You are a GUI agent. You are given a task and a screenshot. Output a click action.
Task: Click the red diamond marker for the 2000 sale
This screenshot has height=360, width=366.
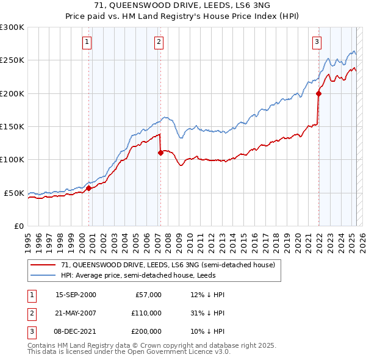tap(88, 188)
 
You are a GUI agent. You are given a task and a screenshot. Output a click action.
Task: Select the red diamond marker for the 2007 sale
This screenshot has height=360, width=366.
tap(160, 153)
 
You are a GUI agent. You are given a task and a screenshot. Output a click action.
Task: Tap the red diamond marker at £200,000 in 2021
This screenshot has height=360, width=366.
tap(318, 93)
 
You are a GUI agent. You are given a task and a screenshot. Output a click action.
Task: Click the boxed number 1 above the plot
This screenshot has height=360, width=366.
tap(87, 42)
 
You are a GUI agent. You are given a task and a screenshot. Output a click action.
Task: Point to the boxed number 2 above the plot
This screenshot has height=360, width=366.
tap(158, 42)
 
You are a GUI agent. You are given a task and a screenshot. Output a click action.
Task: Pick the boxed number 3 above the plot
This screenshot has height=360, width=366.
tap(317, 42)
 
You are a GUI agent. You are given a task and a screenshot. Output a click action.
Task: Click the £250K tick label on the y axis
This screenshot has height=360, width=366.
tap(12, 60)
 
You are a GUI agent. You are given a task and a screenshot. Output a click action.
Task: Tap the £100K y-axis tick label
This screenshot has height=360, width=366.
tap(12, 159)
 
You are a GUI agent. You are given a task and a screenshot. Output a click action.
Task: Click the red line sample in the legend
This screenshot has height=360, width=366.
tap(43, 265)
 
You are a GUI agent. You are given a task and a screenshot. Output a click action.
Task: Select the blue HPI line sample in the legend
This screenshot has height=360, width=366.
tap(43, 275)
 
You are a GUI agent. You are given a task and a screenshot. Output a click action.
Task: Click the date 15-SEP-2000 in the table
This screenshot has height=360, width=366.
tap(76, 295)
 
